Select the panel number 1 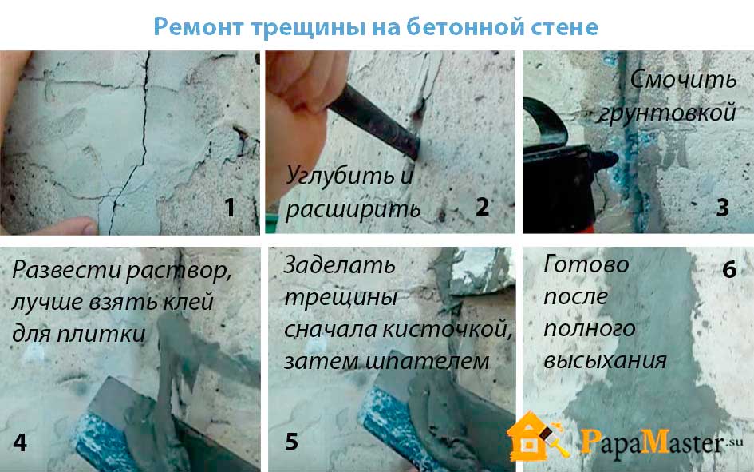tap(231, 208)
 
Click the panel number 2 tap(482, 208)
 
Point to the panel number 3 tap(723, 208)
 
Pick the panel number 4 tap(20, 442)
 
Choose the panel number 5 tap(291, 442)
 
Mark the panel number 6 tap(729, 269)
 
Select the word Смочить tap(683, 79)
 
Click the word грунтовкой tap(667, 113)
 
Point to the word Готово tap(586, 264)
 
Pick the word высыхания tap(605, 361)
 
